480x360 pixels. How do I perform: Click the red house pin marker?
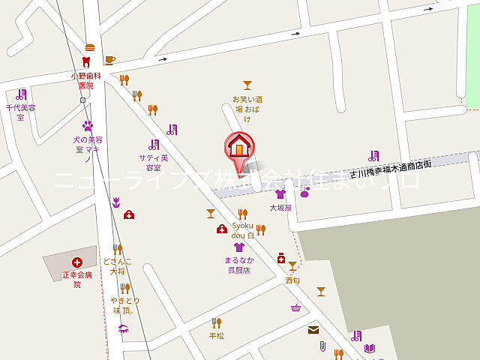pyautogui.click(x=239, y=146)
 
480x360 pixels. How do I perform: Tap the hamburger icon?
pyautogui.click(x=90, y=46)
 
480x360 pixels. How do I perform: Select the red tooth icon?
pyautogui.click(x=85, y=61)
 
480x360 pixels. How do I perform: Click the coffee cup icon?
pyautogui.click(x=109, y=59)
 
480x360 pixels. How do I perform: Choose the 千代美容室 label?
pyautogui.click(x=21, y=112)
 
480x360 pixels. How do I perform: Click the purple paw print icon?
pyautogui.click(x=88, y=126)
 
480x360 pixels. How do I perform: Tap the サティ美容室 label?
pyautogui.click(x=154, y=163)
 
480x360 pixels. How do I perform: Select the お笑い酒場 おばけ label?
pyautogui.click(x=247, y=108)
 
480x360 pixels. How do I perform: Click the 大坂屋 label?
pyautogui.click(x=280, y=207)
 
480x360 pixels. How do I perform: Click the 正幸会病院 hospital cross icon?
pyautogui.click(x=76, y=262)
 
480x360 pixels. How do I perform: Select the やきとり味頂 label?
pyautogui.click(x=123, y=305)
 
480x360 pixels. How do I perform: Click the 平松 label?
pyautogui.click(x=217, y=335)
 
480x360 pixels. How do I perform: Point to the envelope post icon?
pyautogui.click(x=313, y=330)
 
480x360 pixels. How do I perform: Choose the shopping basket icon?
pyautogui.click(x=296, y=307)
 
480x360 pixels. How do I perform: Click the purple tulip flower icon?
pyautogui.click(x=116, y=201)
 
